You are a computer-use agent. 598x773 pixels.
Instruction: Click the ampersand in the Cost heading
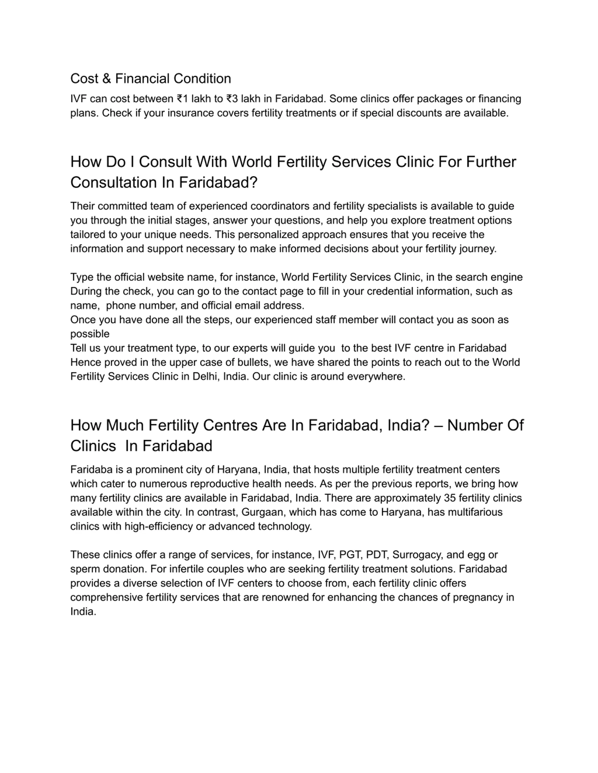(x=106, y=79)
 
